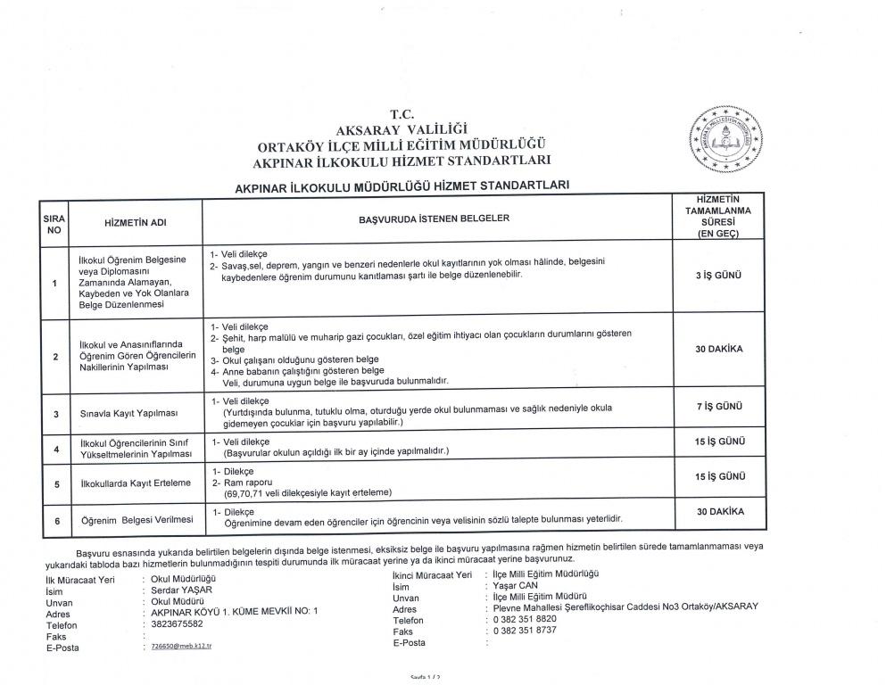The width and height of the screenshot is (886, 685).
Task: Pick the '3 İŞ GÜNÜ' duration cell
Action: point(718,276)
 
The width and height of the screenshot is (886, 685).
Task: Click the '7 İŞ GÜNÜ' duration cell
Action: point(718,406)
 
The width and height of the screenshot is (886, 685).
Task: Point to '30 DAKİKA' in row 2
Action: point(718,350)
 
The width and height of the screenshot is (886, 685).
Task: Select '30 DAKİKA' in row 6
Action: point(718,512)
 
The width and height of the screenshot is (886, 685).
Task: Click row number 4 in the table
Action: point(55,449)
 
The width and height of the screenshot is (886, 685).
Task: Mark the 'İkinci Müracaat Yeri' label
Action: point(431,575)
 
